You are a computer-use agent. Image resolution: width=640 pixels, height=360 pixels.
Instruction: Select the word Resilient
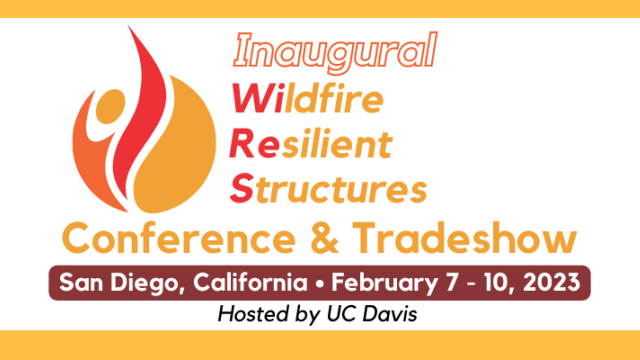click(311, 143)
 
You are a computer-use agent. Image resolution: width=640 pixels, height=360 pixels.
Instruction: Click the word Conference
click(179, 237)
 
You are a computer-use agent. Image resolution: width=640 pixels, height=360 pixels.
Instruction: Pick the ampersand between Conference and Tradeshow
click(324, 238)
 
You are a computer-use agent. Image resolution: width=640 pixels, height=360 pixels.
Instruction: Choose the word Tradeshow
click(465, 237)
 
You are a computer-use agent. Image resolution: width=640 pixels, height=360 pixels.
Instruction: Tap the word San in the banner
click(81, 282)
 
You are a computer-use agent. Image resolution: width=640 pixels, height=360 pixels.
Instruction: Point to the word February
click(384, 283)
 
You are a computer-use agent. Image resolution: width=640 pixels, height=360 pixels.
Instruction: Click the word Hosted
click(253, 313)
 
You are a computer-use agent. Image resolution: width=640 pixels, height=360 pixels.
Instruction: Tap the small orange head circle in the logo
click(110, 106)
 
